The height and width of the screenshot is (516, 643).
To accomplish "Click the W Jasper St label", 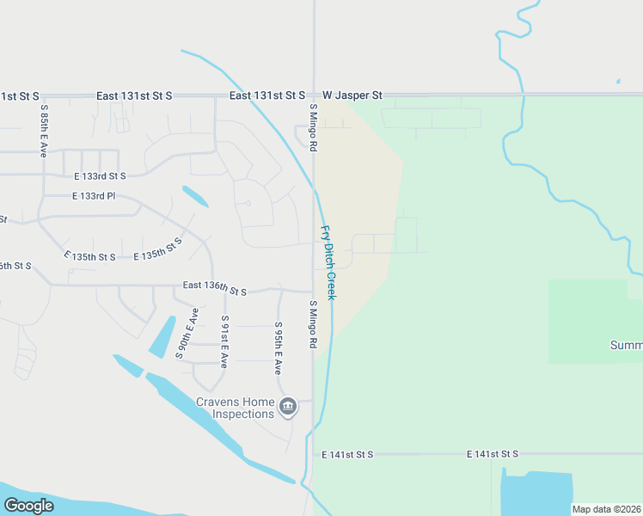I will point(352,95).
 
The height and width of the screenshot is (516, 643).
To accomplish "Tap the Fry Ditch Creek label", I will point(328,262).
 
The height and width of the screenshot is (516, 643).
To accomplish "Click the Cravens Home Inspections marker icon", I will point(288,406).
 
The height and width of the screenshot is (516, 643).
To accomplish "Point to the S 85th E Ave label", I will point(43,130).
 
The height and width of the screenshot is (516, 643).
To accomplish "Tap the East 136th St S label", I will point(214,288).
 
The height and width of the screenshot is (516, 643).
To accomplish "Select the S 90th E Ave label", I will point(187,332).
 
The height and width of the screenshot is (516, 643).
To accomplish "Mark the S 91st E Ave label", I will point(224,341).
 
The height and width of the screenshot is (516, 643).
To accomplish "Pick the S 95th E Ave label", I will point(279,347).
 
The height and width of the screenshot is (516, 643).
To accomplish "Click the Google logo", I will point(28,506).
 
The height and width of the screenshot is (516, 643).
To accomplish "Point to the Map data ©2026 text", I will point(606,509).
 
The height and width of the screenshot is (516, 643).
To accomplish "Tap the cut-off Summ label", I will point(626,345).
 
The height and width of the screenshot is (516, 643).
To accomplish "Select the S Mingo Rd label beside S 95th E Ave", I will point(313,324).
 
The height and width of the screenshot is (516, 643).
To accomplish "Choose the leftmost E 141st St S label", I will point(347,453).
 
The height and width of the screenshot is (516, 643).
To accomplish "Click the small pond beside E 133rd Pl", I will point(194,197).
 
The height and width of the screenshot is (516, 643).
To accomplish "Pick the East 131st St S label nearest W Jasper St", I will point(267,95).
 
